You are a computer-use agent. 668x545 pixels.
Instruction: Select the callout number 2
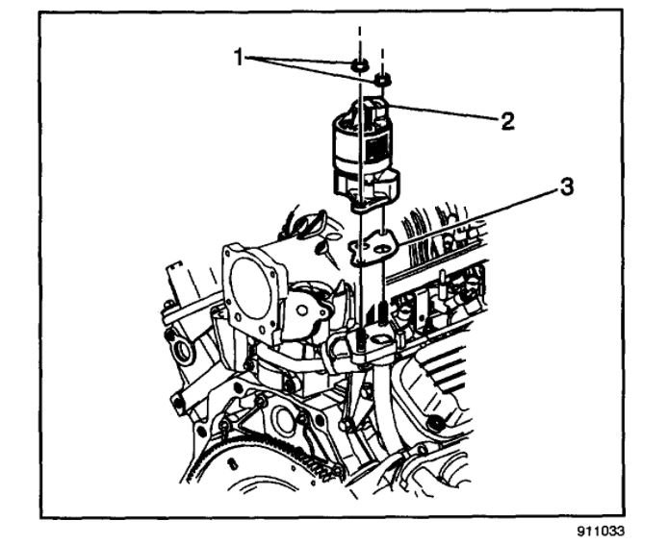pos(507,122)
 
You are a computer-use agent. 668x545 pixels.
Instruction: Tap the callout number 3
pos(569,187)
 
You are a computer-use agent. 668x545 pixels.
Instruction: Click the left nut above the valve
pos(358,66)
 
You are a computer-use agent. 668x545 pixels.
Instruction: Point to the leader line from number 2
pos(443,114)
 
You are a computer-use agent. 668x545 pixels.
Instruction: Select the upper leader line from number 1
pos(303,62)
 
